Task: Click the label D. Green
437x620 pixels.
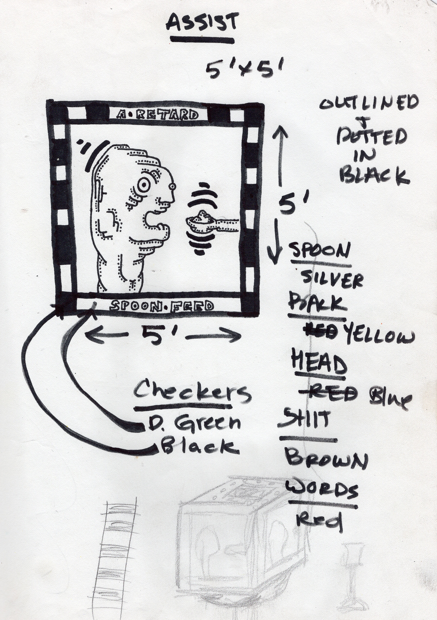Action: pyautogui.click(x=194, y=423)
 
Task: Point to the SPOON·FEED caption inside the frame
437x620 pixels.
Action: pyautogui.click(x=161, y=306)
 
